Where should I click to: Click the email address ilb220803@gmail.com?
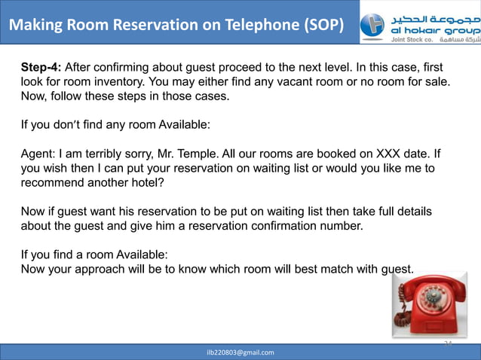pyautogui.click(x=241, y=352)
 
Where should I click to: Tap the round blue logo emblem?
pyautogui.click(x=372, y=25)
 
